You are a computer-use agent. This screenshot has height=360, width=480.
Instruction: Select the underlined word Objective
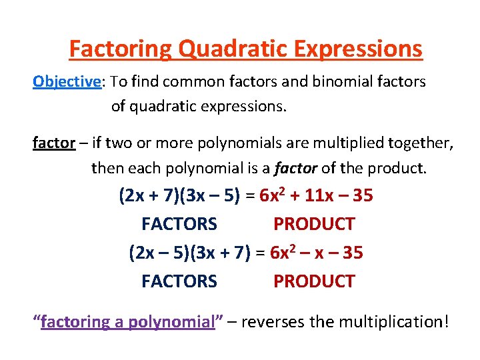coord(67,81)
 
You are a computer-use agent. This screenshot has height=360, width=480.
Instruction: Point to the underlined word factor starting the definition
coord(53,143)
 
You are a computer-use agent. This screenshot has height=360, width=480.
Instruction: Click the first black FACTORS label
coord(179,224)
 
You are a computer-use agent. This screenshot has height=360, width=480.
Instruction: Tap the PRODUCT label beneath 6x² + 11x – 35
coord(314,224)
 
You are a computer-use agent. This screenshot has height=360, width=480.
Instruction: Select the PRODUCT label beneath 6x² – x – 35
coord(314,281)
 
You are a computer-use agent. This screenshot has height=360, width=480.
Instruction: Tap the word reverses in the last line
coord(273,322)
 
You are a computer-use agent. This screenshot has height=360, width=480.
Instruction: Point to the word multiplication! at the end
coord(394,322)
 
